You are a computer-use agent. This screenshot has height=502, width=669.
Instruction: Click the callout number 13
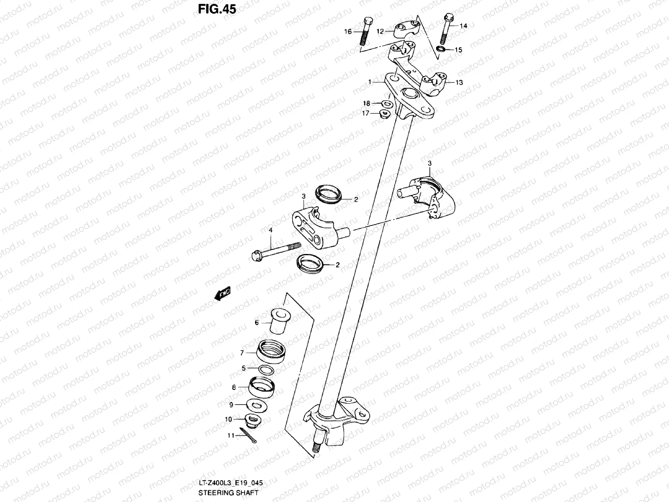coord(459,82)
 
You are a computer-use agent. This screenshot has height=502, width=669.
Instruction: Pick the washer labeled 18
coord(387,103)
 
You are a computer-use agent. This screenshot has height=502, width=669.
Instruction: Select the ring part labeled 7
coord(271,351)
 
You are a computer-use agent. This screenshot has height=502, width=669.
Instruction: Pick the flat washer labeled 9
coord(255,405)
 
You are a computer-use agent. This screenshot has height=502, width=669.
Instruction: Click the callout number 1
coord(370,82)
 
